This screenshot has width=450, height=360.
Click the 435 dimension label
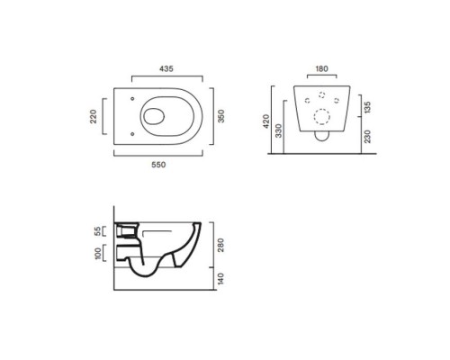tap(166, 68)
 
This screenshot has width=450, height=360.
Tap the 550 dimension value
tap(158, 165)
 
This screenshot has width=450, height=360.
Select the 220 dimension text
tap(94, 116)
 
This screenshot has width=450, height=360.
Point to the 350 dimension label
tap(220, 116)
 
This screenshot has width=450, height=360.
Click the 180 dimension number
tap(321, 68)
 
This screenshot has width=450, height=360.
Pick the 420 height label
tap(266, 121)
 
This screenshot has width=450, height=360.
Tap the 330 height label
tap(279, 130)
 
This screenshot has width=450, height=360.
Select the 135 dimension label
tap(367, 107)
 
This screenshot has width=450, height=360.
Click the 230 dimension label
tap(367, 137)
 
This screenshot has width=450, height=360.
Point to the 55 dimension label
tap(98, 231)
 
